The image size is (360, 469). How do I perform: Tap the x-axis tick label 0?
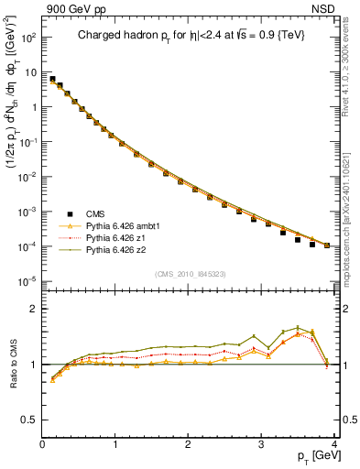click(43, 444)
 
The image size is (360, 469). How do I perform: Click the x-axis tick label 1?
click(115, 444)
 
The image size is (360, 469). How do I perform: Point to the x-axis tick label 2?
click(188, 444)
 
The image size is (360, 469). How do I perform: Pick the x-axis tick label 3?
click(261, 444)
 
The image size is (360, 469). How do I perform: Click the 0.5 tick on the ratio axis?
click(30, 420)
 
